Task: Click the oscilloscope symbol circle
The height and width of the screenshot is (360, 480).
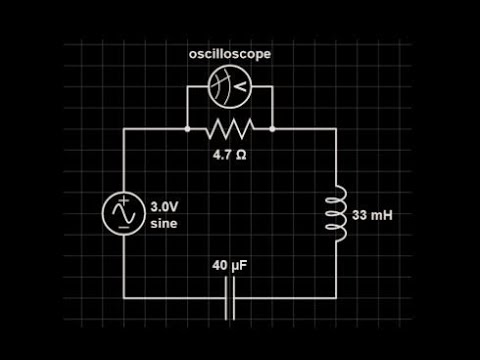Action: coord(229,87)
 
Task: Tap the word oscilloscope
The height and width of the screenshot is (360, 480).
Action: coord(229,54)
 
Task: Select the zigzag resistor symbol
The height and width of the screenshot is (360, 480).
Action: coord(229,129)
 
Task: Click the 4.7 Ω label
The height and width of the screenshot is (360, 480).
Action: coord(230,155)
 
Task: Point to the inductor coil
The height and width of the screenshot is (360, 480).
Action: coord(337,213)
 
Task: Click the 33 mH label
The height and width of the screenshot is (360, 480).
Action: coord(372,214)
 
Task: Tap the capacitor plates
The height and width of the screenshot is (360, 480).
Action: coord(230,298)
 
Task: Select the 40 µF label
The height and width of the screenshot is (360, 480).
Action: coord(230,266)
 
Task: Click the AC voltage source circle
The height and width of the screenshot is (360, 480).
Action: coord(123,213)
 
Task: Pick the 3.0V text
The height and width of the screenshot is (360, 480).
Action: coord(164,207)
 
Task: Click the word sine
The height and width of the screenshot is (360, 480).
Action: coord(163,223)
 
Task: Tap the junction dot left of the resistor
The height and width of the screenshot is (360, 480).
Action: coord(187,129)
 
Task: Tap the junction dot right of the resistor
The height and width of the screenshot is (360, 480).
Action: coord(272,129)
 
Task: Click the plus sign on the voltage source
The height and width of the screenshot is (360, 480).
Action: coord(123,201)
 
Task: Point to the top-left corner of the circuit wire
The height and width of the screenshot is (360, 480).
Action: coord(123,129)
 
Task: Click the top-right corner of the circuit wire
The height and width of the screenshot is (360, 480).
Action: coord(337,129)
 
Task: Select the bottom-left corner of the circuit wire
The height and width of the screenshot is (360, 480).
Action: coord(123,298)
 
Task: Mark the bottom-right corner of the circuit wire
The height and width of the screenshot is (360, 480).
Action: coord(337,298)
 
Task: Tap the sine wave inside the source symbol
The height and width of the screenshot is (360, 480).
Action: coord(123,213)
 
